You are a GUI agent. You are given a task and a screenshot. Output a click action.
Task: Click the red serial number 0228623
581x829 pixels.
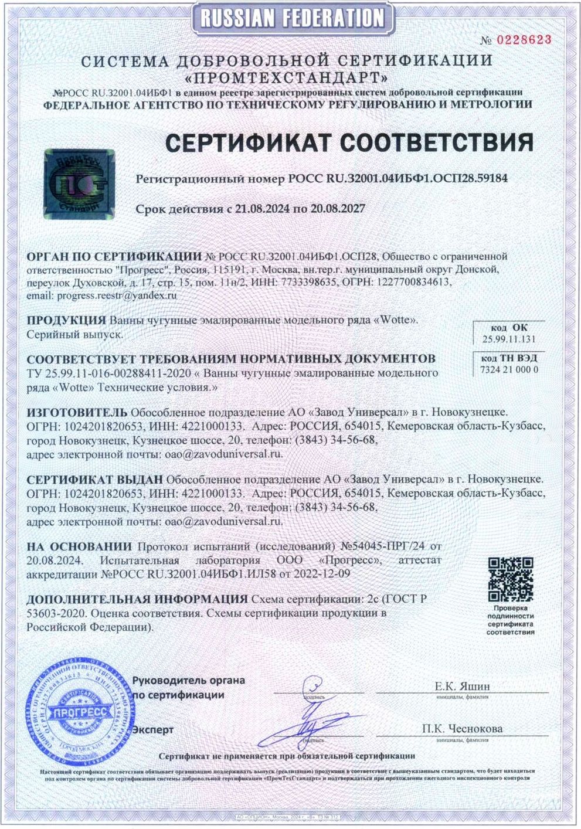point(525,40)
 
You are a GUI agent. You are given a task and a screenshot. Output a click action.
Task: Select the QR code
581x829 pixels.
point(511,579)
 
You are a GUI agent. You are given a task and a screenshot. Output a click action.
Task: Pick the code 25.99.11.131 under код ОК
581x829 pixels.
point(508,339)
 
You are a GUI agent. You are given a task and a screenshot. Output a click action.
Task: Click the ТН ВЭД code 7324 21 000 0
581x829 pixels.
point(509,370)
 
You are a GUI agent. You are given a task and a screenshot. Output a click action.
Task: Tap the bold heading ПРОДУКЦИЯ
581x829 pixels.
point(66,320)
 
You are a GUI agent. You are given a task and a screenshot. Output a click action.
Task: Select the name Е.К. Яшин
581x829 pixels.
point(462,687)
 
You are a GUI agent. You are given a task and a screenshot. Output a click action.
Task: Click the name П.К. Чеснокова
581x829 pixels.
point(462,729)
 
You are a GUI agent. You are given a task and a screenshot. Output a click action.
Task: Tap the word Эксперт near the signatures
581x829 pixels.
point(153,730)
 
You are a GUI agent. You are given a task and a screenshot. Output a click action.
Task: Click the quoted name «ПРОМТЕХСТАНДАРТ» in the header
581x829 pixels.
point(287,77)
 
